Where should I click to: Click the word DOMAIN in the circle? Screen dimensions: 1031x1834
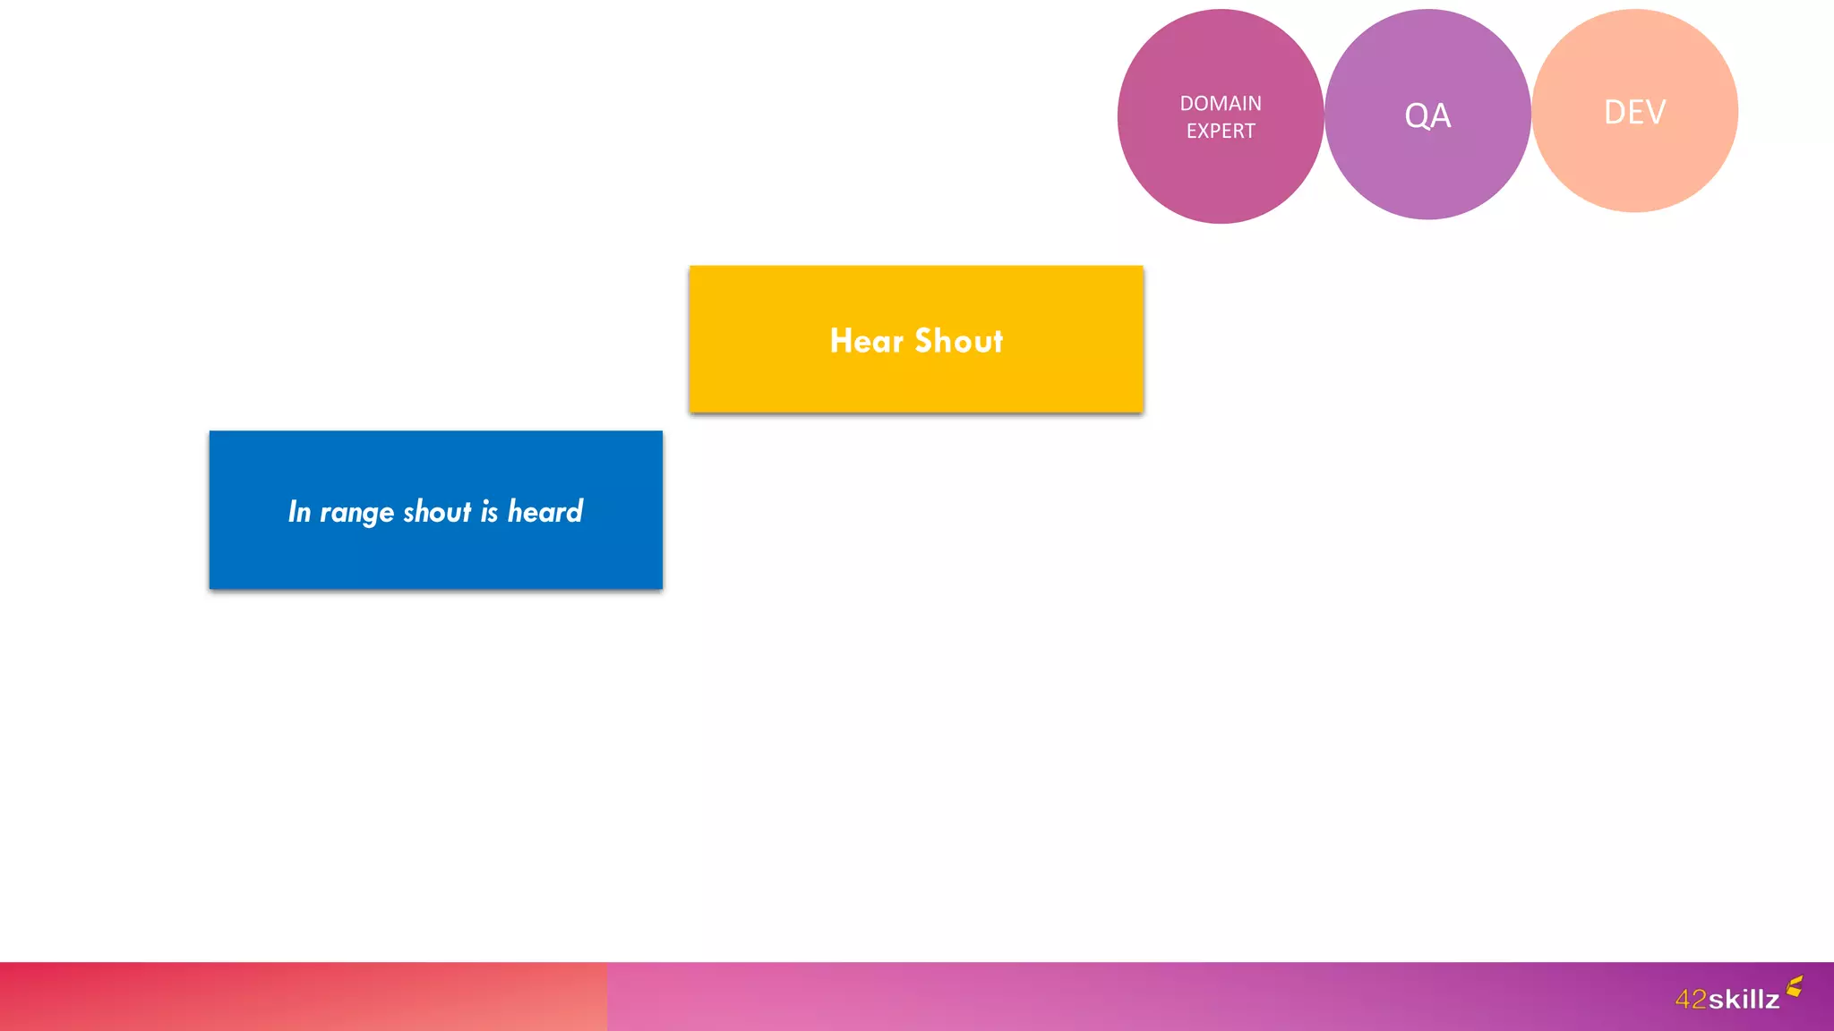tap(1220, 104)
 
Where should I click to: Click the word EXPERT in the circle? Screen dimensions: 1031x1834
tap(1220, 131)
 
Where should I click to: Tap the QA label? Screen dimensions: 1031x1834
tap(1427, 115)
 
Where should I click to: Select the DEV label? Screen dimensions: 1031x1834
tap(1634, 113)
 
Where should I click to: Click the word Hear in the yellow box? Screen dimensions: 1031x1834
tap(866, 341)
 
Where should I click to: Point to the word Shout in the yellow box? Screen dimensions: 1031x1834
tap(959, 341)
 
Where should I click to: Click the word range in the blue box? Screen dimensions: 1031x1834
tap(356, 513)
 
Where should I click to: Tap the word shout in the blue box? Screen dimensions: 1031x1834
tap(437, 511)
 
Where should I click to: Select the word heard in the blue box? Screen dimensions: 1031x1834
tap(544, 511)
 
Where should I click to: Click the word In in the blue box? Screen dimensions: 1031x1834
tap(299, 511)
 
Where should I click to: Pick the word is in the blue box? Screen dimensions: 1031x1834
tap(489, 511)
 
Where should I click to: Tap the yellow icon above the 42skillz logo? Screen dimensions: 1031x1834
tap(1795, 986)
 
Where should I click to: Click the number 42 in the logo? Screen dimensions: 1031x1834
tap(1691, 999)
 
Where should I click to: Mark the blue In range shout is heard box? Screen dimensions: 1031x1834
tap(436, 555)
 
